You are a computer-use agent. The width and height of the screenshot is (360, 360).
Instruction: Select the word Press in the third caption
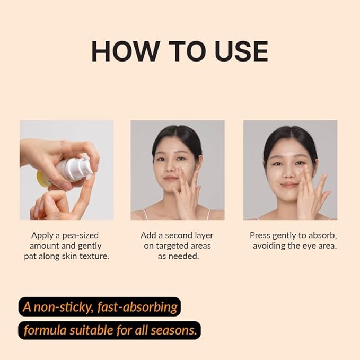point(260,235)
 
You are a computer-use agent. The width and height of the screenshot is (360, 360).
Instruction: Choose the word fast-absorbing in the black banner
point(137,307)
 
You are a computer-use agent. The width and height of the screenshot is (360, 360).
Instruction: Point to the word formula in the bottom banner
point(46,330)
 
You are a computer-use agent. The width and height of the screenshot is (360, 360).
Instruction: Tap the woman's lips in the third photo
point(289,185)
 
